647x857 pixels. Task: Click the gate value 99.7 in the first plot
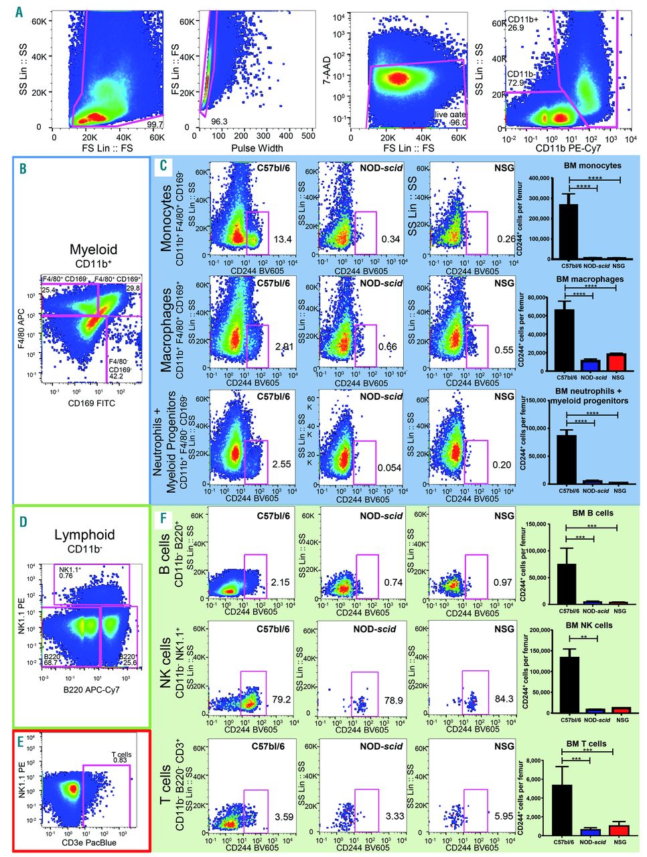(155, 124)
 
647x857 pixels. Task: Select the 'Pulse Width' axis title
(257, 148)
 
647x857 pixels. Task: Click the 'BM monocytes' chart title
(593, 165)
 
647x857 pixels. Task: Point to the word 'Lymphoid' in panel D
(83, 534)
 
